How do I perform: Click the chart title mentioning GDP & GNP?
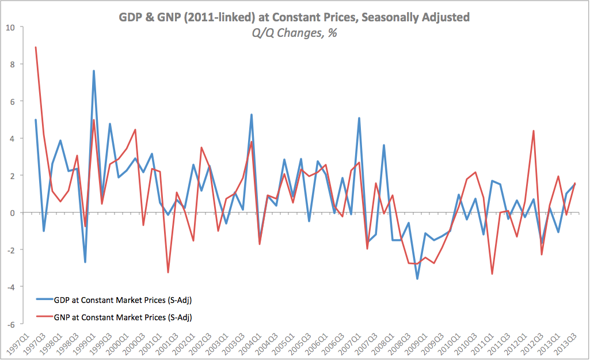[294, 17]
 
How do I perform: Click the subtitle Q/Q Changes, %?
[294, 33]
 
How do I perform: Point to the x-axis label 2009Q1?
[415, 344]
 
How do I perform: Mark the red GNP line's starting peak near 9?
[36, 47]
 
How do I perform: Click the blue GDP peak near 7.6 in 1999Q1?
[93, 71]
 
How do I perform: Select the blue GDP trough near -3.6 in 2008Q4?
[417, 279]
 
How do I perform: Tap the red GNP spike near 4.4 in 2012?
[534, 131]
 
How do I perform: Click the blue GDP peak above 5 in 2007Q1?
[359, 118]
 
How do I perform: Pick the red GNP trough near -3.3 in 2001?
[168, 272]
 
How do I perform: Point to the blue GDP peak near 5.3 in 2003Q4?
[252, 114]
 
